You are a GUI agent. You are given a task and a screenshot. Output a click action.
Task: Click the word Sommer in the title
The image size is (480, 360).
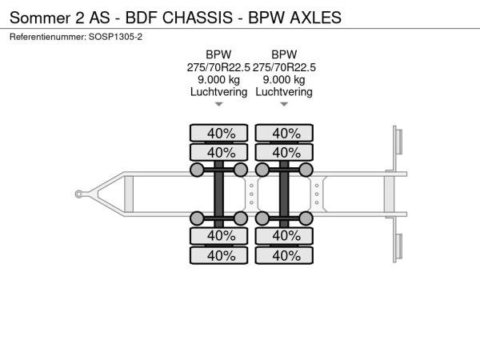tap(40, 18)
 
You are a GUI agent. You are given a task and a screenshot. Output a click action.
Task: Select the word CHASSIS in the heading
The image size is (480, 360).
tap(198, 18)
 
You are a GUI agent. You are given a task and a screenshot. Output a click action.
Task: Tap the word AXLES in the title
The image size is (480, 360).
tap(316, 18)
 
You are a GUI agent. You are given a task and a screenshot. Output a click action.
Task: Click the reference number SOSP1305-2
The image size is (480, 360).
tap(115, 37)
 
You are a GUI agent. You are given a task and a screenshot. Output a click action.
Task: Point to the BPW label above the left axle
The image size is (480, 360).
tap(218, 54)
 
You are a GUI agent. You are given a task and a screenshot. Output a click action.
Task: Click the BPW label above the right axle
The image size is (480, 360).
tap(284, 54)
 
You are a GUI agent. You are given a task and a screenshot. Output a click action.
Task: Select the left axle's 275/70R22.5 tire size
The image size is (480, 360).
tap(218, 67)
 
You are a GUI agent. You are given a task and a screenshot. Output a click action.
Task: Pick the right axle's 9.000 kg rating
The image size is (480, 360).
tap(284, 79)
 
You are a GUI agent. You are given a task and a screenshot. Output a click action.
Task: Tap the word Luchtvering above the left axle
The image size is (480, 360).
tap(218, 92)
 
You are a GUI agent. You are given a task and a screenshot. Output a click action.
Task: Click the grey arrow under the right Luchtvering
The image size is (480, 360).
tap(284, 104)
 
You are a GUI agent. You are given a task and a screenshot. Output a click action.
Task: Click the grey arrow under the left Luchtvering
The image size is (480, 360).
tap(218, 104)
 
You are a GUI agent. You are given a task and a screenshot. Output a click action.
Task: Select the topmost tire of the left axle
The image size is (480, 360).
tap(218, 133)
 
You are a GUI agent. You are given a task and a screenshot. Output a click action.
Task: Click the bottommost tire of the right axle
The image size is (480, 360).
tap(284, 255)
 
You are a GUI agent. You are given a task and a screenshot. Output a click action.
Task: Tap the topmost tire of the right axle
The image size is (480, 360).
tap(284, 133)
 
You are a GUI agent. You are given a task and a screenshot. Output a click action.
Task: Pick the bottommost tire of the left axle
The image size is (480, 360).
tap(218, 255)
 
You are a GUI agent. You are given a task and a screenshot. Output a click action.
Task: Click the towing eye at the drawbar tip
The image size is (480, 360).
tap(78, 194)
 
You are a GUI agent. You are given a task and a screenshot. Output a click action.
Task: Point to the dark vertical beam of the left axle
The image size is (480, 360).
tap(218, 194)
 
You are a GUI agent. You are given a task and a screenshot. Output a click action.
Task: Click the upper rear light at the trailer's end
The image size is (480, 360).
tap(399, 141)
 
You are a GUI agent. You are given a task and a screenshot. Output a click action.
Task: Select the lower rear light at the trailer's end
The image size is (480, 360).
tap(399, 246)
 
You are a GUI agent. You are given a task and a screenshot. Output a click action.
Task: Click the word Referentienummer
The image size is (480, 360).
tap(48, 37)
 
